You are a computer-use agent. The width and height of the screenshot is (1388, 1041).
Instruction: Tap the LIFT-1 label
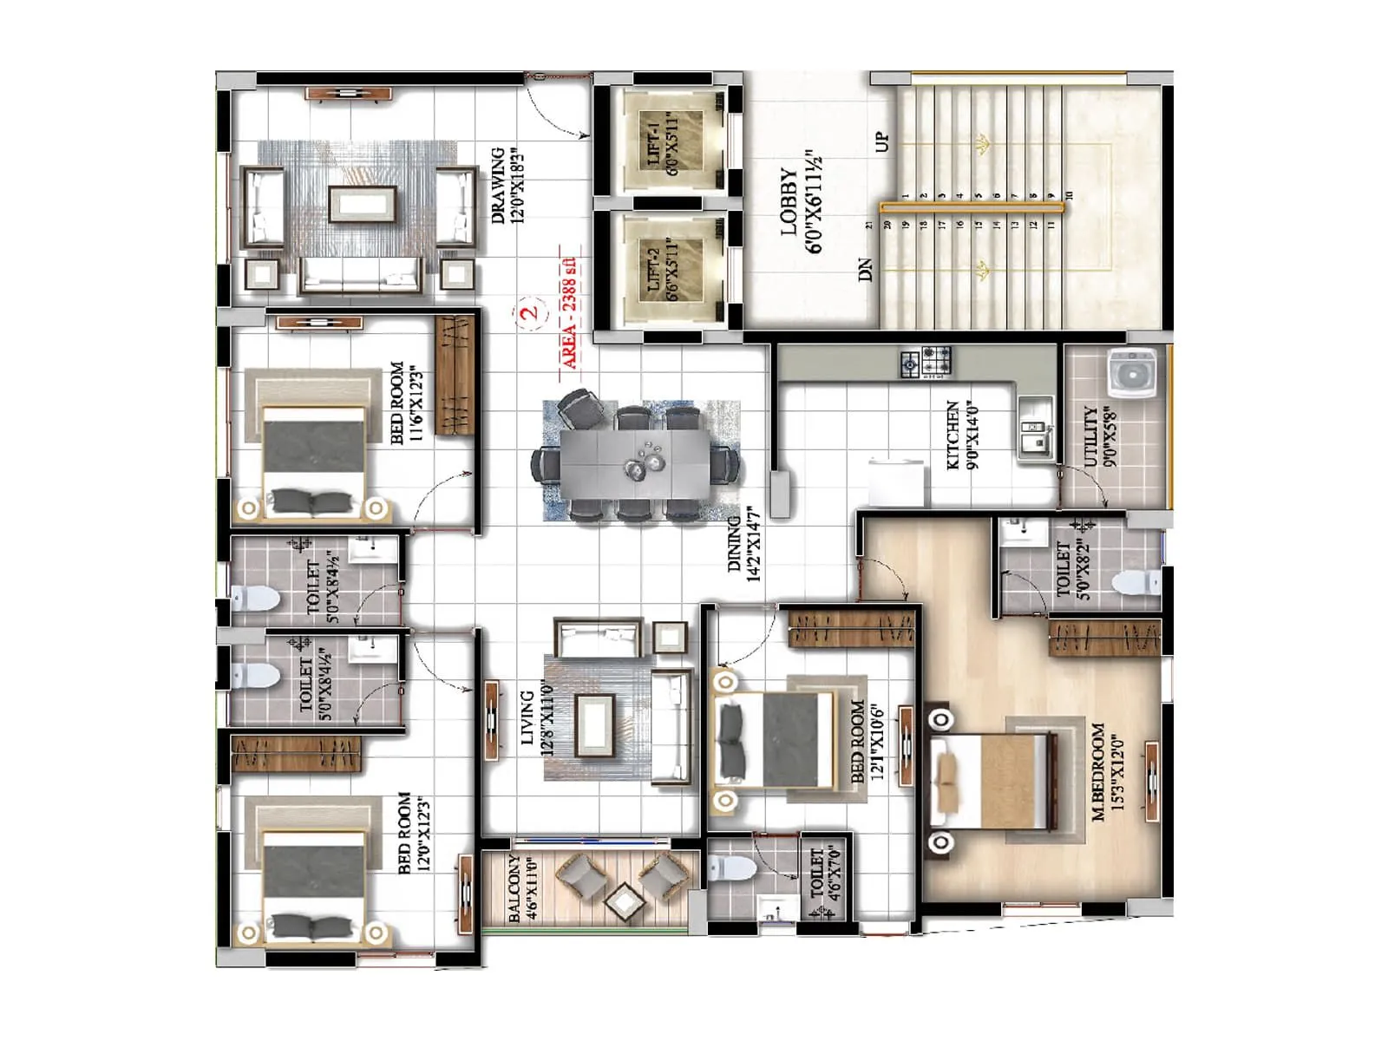(654, 144)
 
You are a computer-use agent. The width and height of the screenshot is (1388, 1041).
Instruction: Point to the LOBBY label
(789, 201)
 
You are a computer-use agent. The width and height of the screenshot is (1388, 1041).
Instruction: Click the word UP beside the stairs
(882, 141)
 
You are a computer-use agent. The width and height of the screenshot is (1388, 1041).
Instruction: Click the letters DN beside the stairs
(865, 270)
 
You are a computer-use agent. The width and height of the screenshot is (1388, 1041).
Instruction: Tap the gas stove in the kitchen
(926, 363)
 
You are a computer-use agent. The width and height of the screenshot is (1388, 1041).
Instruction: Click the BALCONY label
(514, 890)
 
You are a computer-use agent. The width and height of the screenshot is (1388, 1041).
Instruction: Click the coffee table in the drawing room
(363, 205)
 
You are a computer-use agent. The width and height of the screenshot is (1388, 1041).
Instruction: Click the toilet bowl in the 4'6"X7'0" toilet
(730, 867)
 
